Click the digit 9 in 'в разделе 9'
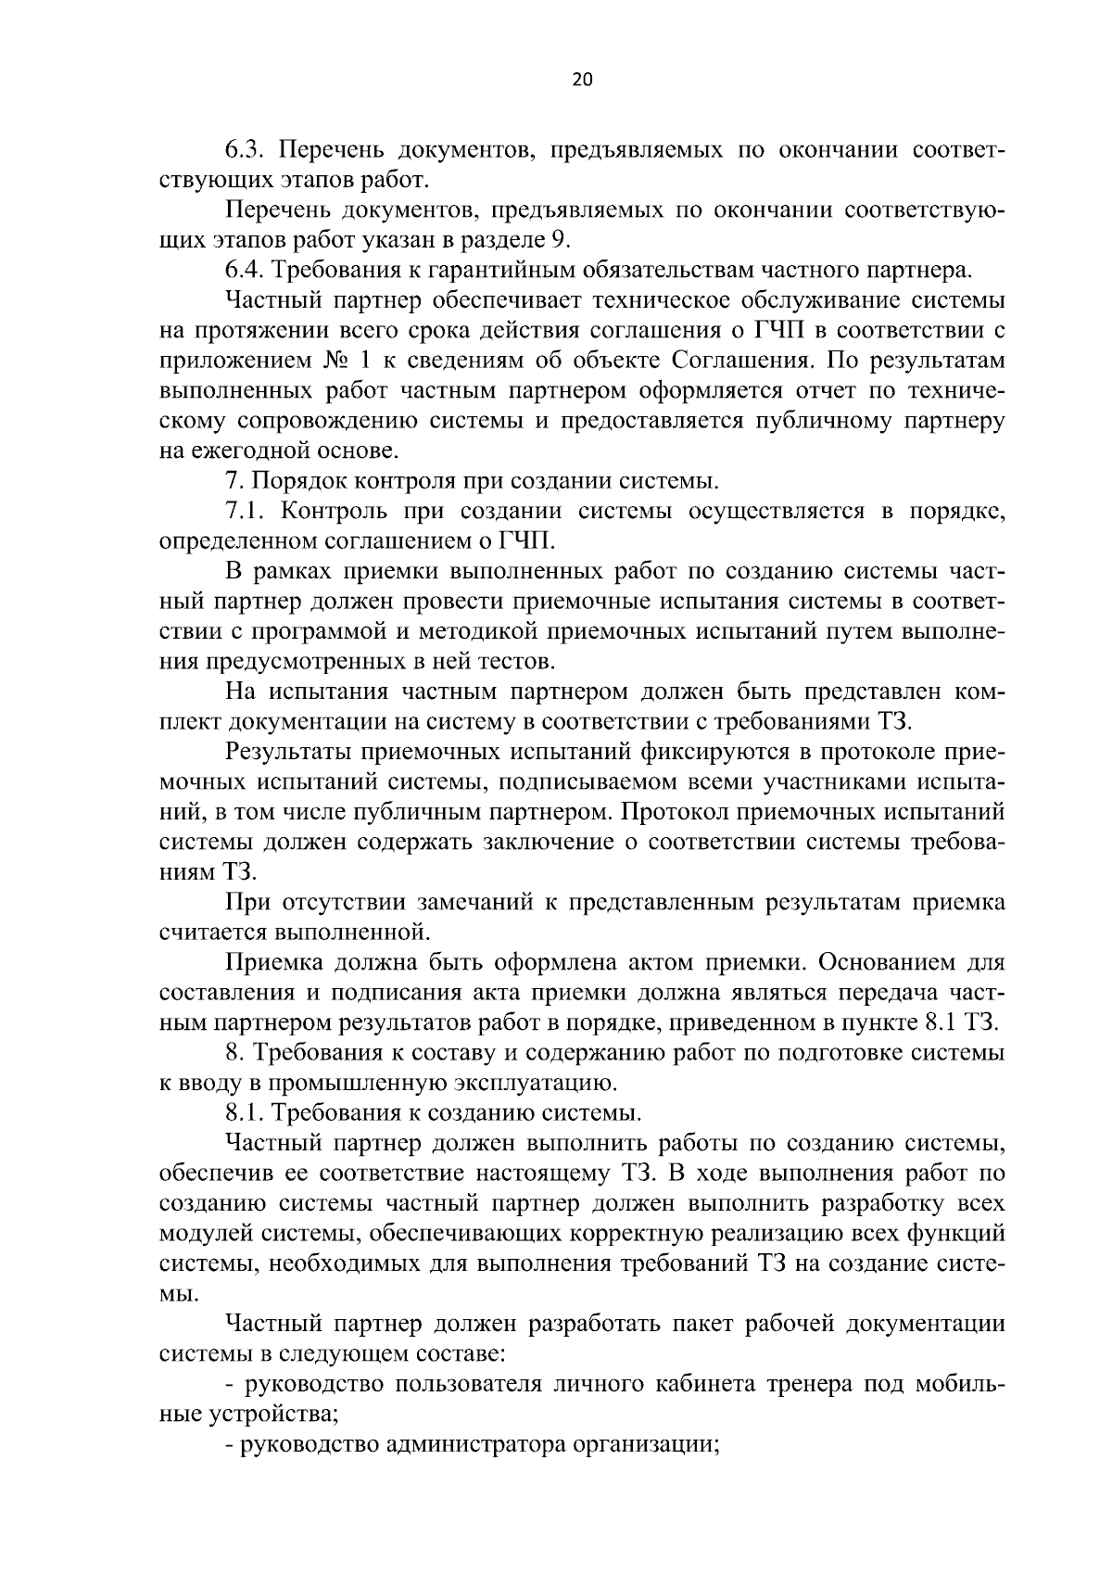click(x=558, y=239)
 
